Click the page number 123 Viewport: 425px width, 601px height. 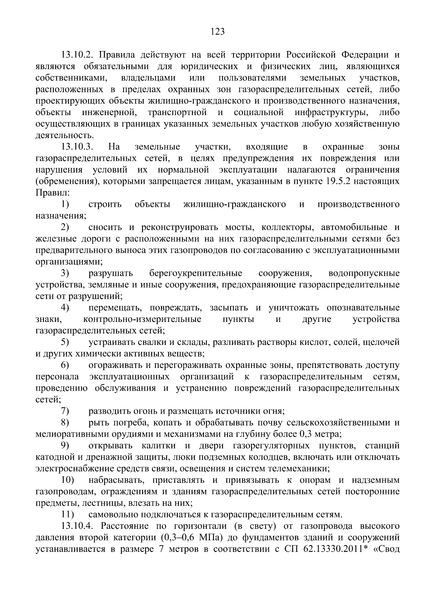click(x=217, y=32)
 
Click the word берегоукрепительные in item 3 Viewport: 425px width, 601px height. click(x=195, y=273)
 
